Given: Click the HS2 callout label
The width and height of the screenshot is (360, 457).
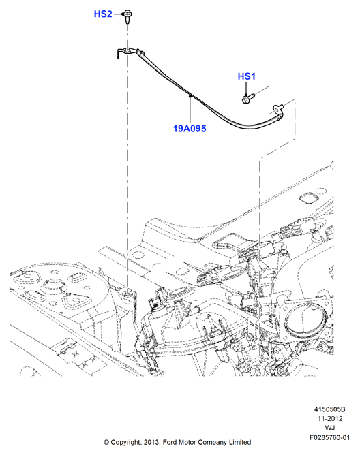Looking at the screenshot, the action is pos(103,14).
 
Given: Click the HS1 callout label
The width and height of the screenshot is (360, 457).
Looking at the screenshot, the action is pos(247,76).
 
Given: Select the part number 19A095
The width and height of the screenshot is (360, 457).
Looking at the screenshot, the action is pos(190,128).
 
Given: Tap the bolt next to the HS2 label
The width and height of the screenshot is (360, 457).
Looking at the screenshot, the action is pos(127,16).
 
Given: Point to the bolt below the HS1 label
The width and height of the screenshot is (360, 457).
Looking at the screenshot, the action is pos(248,98).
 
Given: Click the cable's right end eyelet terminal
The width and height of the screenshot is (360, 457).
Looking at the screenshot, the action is pos(278,109).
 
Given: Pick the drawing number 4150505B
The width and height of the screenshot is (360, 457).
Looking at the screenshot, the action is pos(329,409).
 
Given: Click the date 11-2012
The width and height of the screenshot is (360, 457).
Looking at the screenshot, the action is pos(330,419).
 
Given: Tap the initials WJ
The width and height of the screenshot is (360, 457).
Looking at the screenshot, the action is pos(330,428).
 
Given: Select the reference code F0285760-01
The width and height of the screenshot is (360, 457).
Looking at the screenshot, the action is pos(330,437).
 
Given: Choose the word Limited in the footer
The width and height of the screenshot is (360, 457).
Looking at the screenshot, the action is pos(240,442).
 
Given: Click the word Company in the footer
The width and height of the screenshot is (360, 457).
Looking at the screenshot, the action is pos(212,443).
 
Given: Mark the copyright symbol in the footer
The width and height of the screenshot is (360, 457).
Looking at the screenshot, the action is pos(106,443).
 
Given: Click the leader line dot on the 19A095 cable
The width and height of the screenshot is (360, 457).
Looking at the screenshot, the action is pos(190,95).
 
